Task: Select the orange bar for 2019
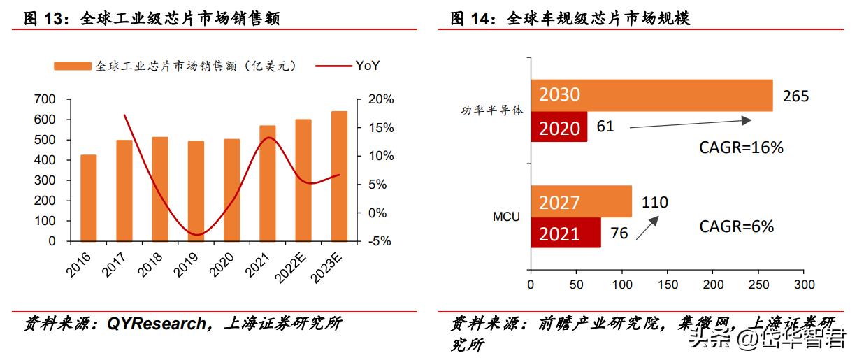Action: click(196, 191)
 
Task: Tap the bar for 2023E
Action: click(338, 176)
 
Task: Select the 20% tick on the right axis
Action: click(381, 100)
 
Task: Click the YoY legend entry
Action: click(368, 66)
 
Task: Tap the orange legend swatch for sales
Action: click(73, 66)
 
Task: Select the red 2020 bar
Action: click(559, 127)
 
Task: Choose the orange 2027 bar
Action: click(581, 201)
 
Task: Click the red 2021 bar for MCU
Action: click(566, 232)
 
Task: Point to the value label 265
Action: click(795, 96)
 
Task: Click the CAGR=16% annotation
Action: click(741, 147)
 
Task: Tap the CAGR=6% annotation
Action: click(737, 226)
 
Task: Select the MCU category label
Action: click(506, 217)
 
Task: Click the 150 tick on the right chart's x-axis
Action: click(668, 285)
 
